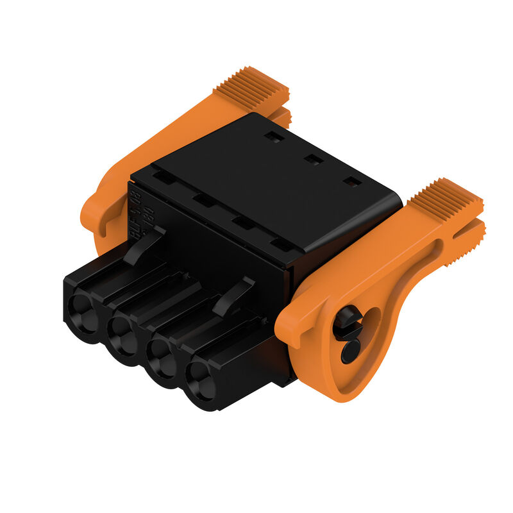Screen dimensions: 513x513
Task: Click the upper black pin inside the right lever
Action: pyautogui.click(x=347, y=321)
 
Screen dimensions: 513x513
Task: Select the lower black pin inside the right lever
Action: pyautogui.click(x=350, y=351)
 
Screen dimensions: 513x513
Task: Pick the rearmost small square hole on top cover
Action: pyautogui.click(x=274, y=137)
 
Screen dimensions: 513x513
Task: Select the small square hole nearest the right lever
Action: pyautogui.click(x=351, y=182)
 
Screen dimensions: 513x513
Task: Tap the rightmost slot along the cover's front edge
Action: pyautogui.click(x=280, y=244)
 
